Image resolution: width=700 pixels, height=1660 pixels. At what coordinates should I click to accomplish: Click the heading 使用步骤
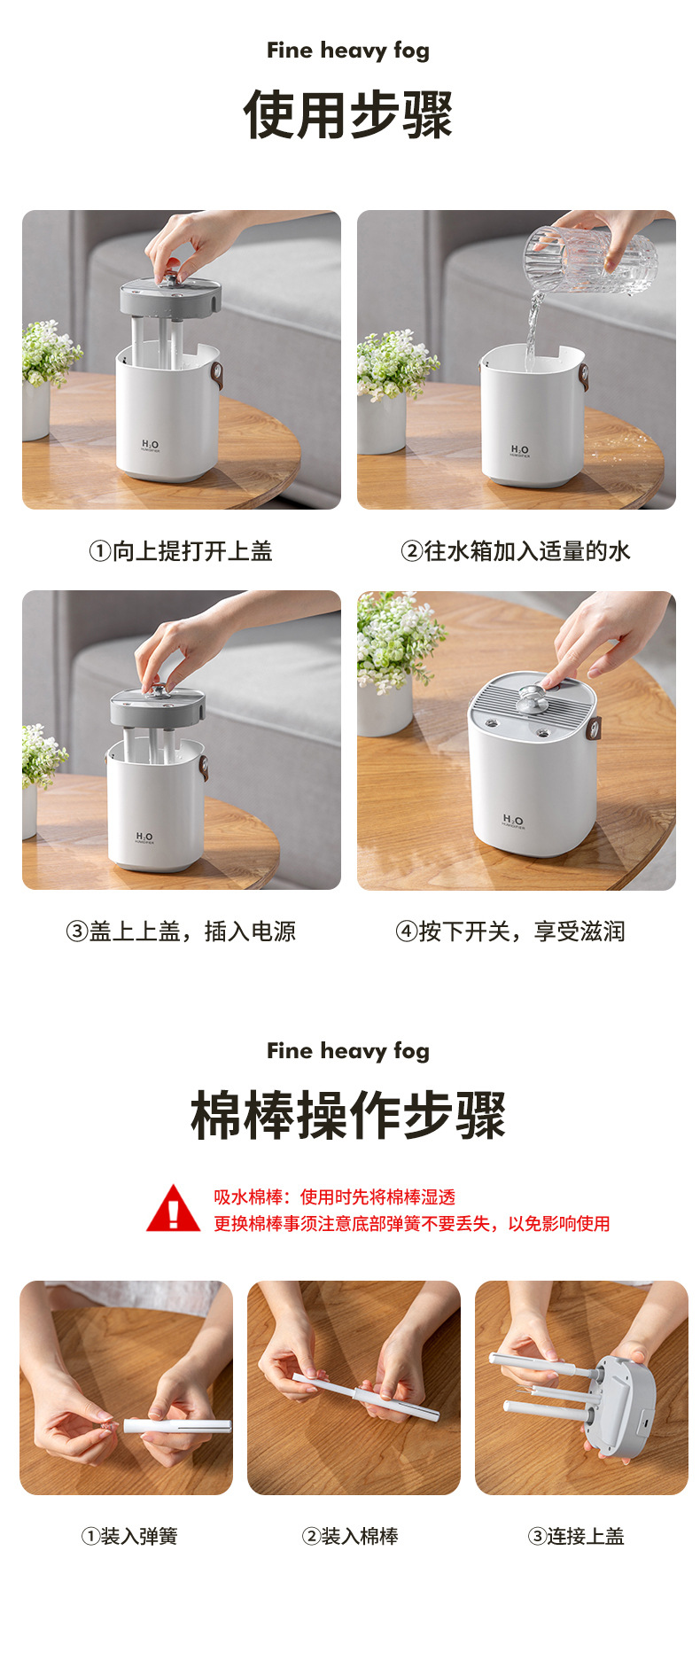pos(348,115)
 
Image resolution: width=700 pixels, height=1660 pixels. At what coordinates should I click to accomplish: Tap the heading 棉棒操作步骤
pos(348,1116)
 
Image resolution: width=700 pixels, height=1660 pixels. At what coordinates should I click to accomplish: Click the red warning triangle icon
pos(174,1210)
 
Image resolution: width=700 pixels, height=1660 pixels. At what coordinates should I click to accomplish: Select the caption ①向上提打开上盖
pos(181,551)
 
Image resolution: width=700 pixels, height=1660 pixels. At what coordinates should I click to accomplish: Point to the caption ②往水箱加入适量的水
pos(516,551)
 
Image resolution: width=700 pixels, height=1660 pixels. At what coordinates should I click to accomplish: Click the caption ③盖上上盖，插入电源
pos(181,931)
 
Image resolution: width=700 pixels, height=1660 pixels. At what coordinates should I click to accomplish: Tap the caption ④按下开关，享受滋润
pos(510,931)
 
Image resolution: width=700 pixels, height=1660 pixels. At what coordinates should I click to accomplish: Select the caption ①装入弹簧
pos(129,1536)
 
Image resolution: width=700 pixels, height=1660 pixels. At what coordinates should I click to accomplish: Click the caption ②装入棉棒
pos(351,1536)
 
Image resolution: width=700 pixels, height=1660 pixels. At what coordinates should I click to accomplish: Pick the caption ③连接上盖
pos(577,1536)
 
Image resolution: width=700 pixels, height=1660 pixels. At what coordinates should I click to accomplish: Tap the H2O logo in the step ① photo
pos(150,445)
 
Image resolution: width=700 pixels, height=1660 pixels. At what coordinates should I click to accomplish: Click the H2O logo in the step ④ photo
pos(513,821)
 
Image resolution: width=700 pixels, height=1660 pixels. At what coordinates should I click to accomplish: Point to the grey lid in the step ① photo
pos(170,297)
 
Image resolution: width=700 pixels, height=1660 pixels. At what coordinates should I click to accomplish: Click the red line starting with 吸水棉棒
pos(334,1197)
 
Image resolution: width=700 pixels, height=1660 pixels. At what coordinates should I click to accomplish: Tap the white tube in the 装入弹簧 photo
pos(177,1426)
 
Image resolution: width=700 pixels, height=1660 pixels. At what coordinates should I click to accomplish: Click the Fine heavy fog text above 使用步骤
pos(348,51)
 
